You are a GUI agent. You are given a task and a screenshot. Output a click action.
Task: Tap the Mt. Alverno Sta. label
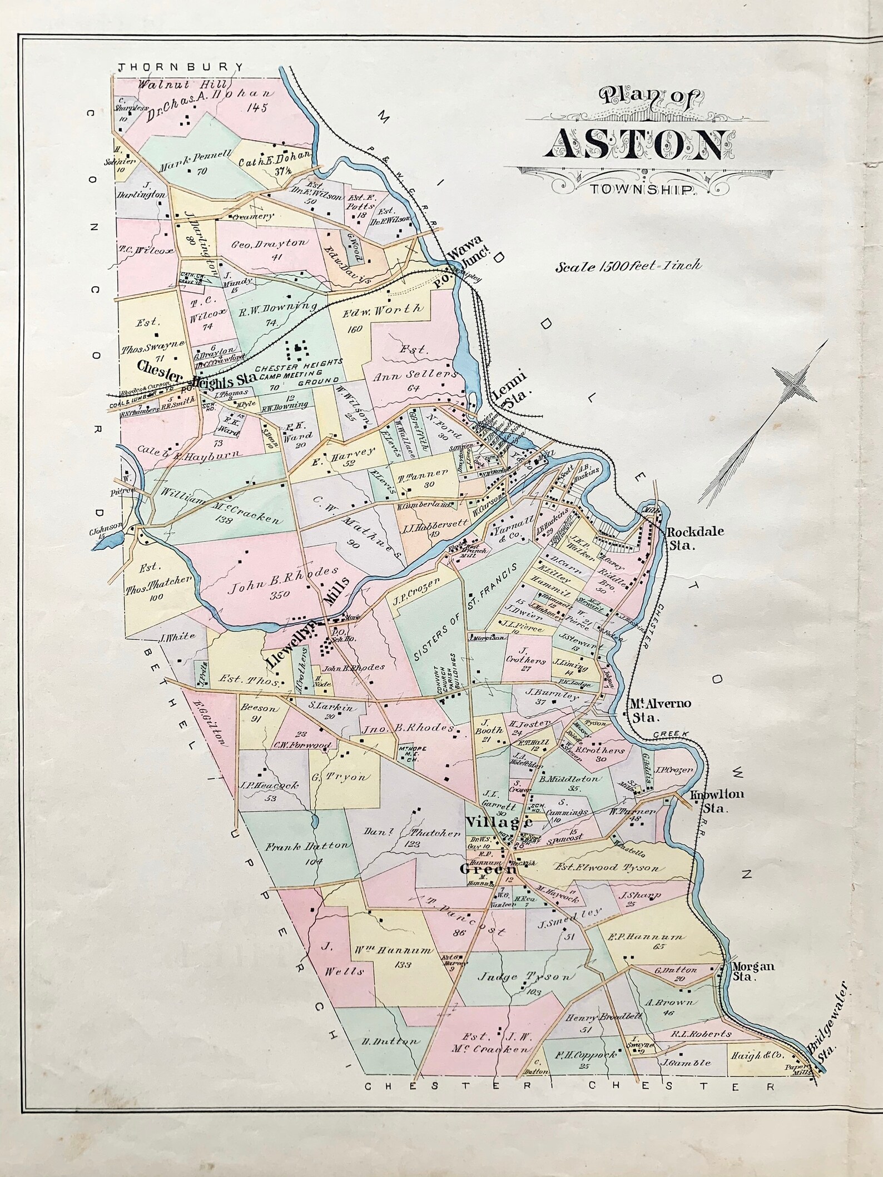(x=659, y=709)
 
